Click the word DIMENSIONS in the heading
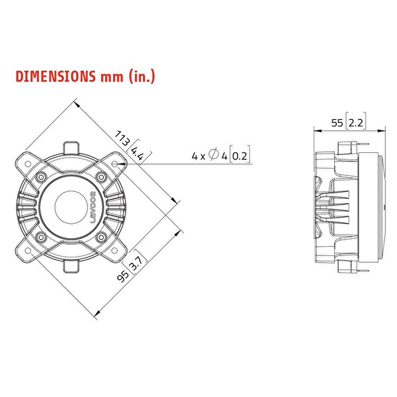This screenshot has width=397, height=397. coord(55,76)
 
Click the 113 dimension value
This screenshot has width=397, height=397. coord(122,140)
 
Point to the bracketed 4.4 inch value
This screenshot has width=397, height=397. coord(138,154)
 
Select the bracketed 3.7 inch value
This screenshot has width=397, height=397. coord(136,263)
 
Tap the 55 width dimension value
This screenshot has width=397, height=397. coord(336,123)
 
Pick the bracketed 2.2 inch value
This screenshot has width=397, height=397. coord(355,123)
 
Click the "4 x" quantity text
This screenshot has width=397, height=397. coord(198,156)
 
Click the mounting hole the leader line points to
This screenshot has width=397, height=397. coord(116,162)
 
